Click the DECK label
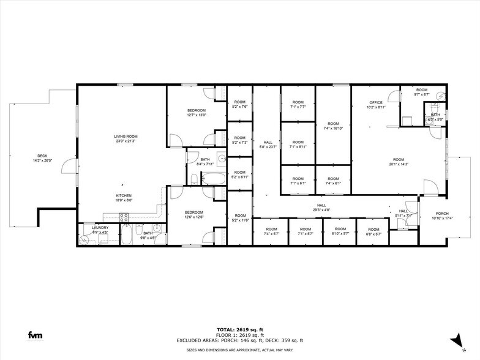point(42,156)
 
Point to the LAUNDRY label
point(100,228)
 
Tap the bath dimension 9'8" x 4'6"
point(148,237)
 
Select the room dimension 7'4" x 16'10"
point(332,128)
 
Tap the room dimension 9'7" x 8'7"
point(422,94)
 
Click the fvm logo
point(35,335)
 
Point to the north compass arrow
point(456,339)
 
